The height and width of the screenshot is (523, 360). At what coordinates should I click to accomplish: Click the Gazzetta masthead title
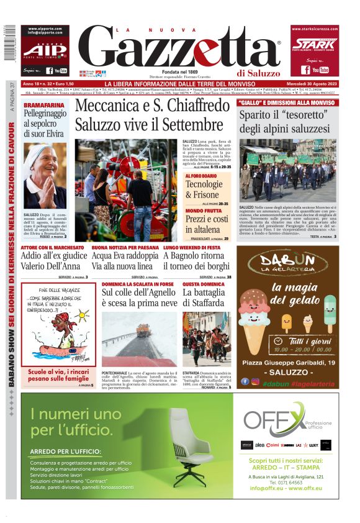pyautogui.click(x=180, y=50)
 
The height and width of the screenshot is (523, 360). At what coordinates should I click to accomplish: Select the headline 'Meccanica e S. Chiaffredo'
pyautogui.click(x=152, y=106)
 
